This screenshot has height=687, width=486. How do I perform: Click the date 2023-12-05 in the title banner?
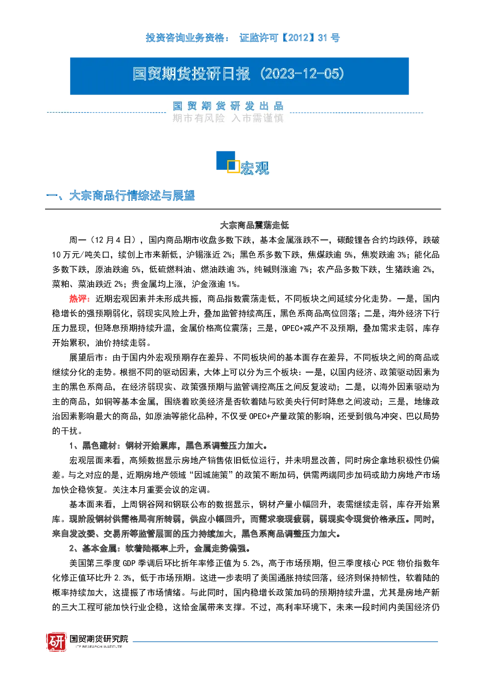[x=302, y=74]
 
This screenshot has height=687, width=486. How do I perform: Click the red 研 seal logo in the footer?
[x=56, y=642]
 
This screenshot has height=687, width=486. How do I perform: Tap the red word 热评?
[x=79, y=299]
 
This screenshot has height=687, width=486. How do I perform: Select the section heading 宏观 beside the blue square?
[x=255, y=168]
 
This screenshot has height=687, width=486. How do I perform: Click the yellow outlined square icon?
[x=233, y=166]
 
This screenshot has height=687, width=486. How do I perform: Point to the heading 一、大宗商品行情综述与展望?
[x=120, y=196]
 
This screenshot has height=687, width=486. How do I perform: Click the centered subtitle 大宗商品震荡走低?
[x=254, y=225]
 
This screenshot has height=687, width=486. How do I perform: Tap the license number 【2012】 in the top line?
[x=297, y=38]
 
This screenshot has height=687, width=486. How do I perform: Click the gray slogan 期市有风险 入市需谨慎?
[x=228, y=118]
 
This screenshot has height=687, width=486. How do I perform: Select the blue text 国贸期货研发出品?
[x=228, y=106]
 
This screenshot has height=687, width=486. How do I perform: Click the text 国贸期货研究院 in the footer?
[x=99, y=639]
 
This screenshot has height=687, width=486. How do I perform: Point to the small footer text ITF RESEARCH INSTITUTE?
[x=99, y=646]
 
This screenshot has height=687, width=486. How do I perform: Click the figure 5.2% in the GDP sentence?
[x=251, y=564]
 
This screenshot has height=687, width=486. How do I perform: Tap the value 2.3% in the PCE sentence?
[x=123, y=578]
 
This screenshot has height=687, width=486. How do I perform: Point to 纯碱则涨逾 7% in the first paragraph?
[x=281, y=269]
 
